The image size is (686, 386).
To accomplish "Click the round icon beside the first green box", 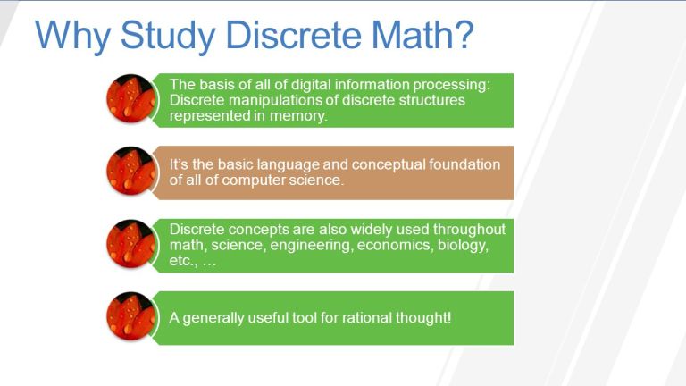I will click(130, 98).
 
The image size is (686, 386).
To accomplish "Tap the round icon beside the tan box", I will click(130, 172).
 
